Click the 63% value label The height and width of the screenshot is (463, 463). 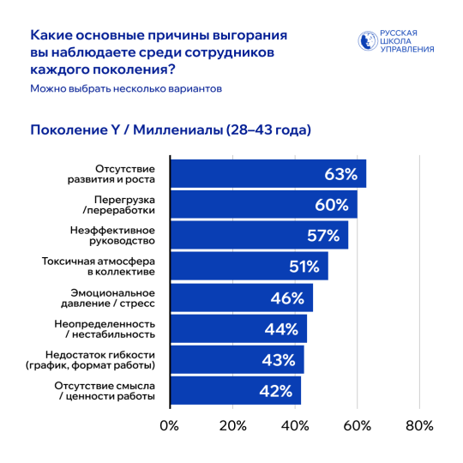340,174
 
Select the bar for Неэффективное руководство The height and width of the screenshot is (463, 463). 257,236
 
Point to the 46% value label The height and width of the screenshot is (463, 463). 288,298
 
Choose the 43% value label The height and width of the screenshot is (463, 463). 278,360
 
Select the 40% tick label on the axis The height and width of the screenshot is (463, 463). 295,426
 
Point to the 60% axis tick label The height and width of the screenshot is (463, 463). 357,426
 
